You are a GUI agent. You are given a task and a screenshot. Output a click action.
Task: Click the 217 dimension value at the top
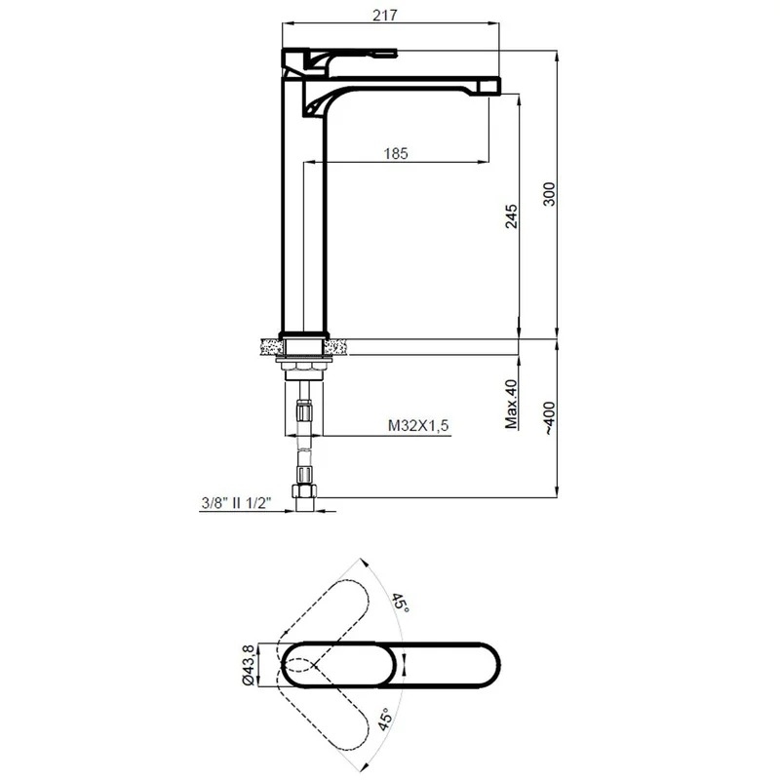click(385, 16)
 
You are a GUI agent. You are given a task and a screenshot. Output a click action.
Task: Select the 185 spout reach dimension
click(396, 154)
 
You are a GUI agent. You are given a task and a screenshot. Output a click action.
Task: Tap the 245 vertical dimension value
click(511, 215)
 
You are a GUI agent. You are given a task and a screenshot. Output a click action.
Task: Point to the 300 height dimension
click(549, 194)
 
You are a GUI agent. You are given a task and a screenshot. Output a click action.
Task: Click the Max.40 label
click(511, 404)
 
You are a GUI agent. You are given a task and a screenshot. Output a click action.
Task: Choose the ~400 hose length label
click(549, 418)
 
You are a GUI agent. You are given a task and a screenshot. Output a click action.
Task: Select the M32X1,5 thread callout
click(418, 425)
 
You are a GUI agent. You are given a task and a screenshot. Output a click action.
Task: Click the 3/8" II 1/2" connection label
click(236, 503)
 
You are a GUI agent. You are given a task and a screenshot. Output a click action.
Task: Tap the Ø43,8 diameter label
click(249, 665)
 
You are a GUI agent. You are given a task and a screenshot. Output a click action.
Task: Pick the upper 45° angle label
click(401, 603)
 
